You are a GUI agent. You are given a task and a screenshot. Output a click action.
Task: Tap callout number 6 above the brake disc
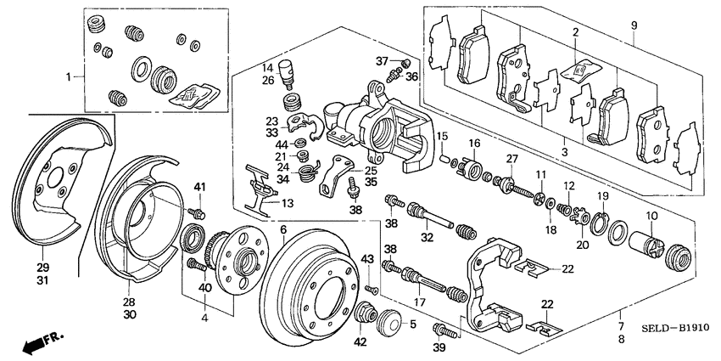pos(282,230)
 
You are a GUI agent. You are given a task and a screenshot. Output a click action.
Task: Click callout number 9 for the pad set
pos(633,26)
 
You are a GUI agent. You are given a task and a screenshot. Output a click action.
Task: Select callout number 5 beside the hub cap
pos(412,324)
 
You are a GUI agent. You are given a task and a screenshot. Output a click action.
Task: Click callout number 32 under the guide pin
pos(427,237)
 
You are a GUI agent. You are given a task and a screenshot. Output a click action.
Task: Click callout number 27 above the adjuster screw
pos(511,159)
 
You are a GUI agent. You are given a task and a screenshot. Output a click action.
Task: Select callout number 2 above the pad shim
pos(574,33)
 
